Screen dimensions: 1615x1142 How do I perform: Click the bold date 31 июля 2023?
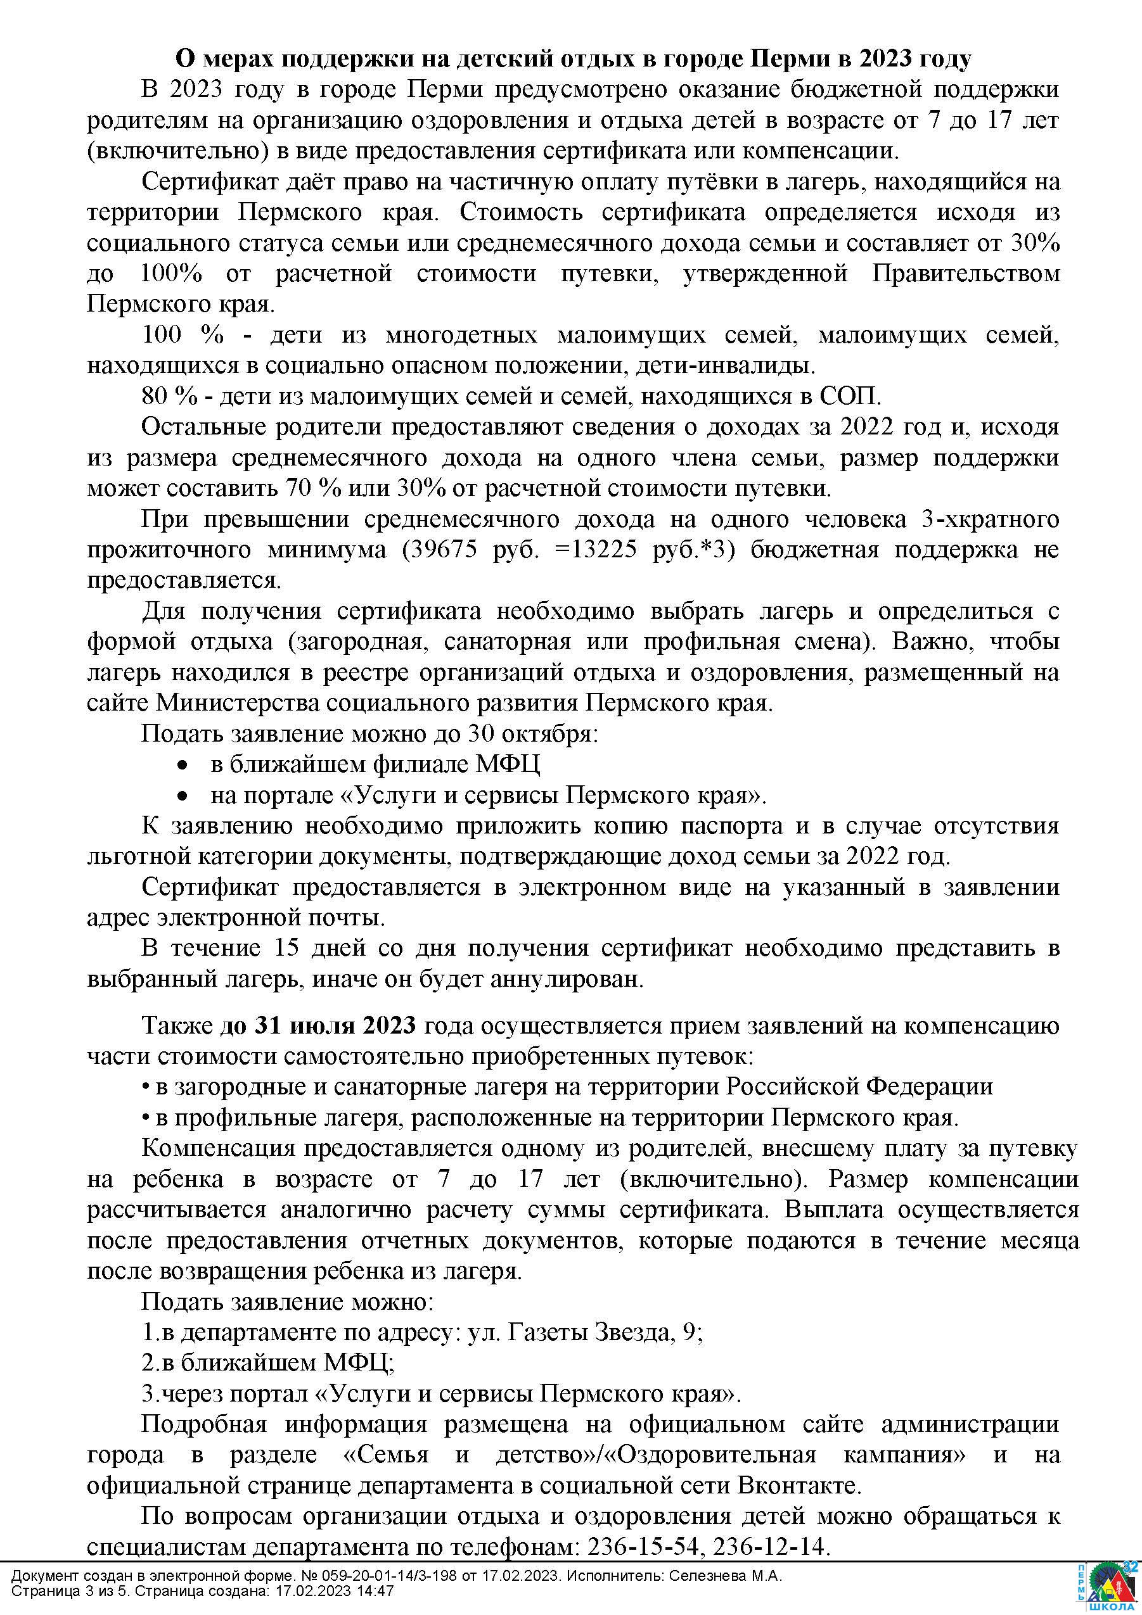(x=318, y=1025)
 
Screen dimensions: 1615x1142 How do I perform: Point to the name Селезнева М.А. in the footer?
(x=726, y=1576)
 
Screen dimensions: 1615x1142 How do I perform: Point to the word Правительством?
(x=965, y=273)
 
